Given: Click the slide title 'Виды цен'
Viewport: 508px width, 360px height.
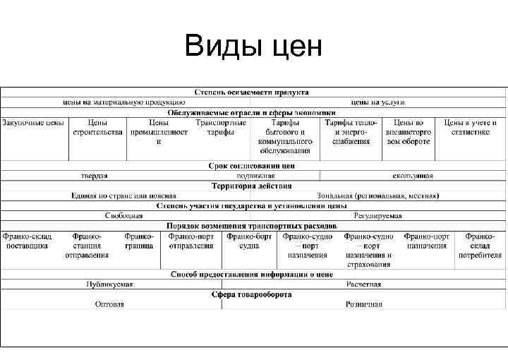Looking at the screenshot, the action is click(253, 47).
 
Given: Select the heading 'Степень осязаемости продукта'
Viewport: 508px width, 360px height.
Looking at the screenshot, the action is click(252, 92).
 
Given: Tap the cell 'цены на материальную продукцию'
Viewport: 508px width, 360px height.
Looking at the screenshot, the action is click(123, 102).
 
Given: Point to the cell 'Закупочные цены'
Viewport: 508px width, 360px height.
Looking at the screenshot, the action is click(32, 123).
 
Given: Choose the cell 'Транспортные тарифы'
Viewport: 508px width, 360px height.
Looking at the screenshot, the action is click(221, 127).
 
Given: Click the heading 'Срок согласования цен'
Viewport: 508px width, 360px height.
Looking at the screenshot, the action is click(252, 166).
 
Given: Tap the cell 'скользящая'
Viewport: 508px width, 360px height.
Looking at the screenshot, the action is click(413, 176).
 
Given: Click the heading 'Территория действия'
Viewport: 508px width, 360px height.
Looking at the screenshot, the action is click(252, 186).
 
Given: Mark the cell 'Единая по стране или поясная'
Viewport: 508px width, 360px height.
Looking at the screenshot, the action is click(123, 196).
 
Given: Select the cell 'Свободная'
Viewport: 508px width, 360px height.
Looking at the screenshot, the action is click(123, 215).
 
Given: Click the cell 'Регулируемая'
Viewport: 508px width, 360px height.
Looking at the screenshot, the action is click(378, 215).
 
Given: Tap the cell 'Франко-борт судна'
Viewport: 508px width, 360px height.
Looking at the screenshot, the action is click(249, 241).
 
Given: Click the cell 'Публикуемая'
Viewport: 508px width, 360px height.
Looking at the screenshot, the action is click(109, 284).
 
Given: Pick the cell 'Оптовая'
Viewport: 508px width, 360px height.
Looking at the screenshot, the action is click(109, 304).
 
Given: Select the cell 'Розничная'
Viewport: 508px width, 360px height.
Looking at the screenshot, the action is click(363, 304).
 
